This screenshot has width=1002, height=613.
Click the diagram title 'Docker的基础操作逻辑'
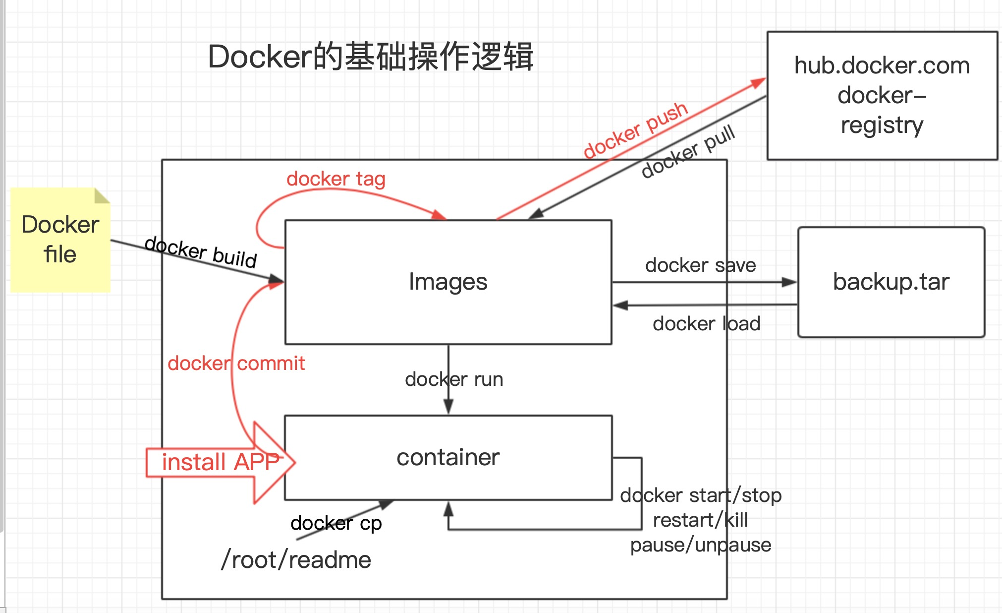pos(370,57)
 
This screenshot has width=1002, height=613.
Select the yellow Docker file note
pos(60,240)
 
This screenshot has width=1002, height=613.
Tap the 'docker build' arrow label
pos(201,252)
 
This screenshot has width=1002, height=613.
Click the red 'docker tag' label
pos(336,179)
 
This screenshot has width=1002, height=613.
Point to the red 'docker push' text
pos(635,130)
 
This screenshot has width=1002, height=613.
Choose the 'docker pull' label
pos(688,151)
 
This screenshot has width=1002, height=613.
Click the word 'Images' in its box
pos(448,282)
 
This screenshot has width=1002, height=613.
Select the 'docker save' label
pos(700,265)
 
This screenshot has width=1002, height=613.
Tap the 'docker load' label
pos(706,324)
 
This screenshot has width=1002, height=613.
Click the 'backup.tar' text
pos(891,282)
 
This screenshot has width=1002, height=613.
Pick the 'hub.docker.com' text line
pos(882,65)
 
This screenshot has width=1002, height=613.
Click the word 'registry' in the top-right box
pos(882,125)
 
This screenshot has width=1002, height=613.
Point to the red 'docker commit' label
pos(236,364)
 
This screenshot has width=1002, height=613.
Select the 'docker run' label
pos(454,379)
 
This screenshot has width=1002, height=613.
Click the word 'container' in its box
pos(448,457)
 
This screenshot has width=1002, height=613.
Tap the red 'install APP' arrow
pos(221,462)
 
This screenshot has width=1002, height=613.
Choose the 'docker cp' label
pos(336,523)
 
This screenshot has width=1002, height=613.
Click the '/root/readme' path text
pos(296,560)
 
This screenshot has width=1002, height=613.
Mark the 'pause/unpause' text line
pos(701,545)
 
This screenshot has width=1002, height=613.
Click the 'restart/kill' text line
pos(700,520)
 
